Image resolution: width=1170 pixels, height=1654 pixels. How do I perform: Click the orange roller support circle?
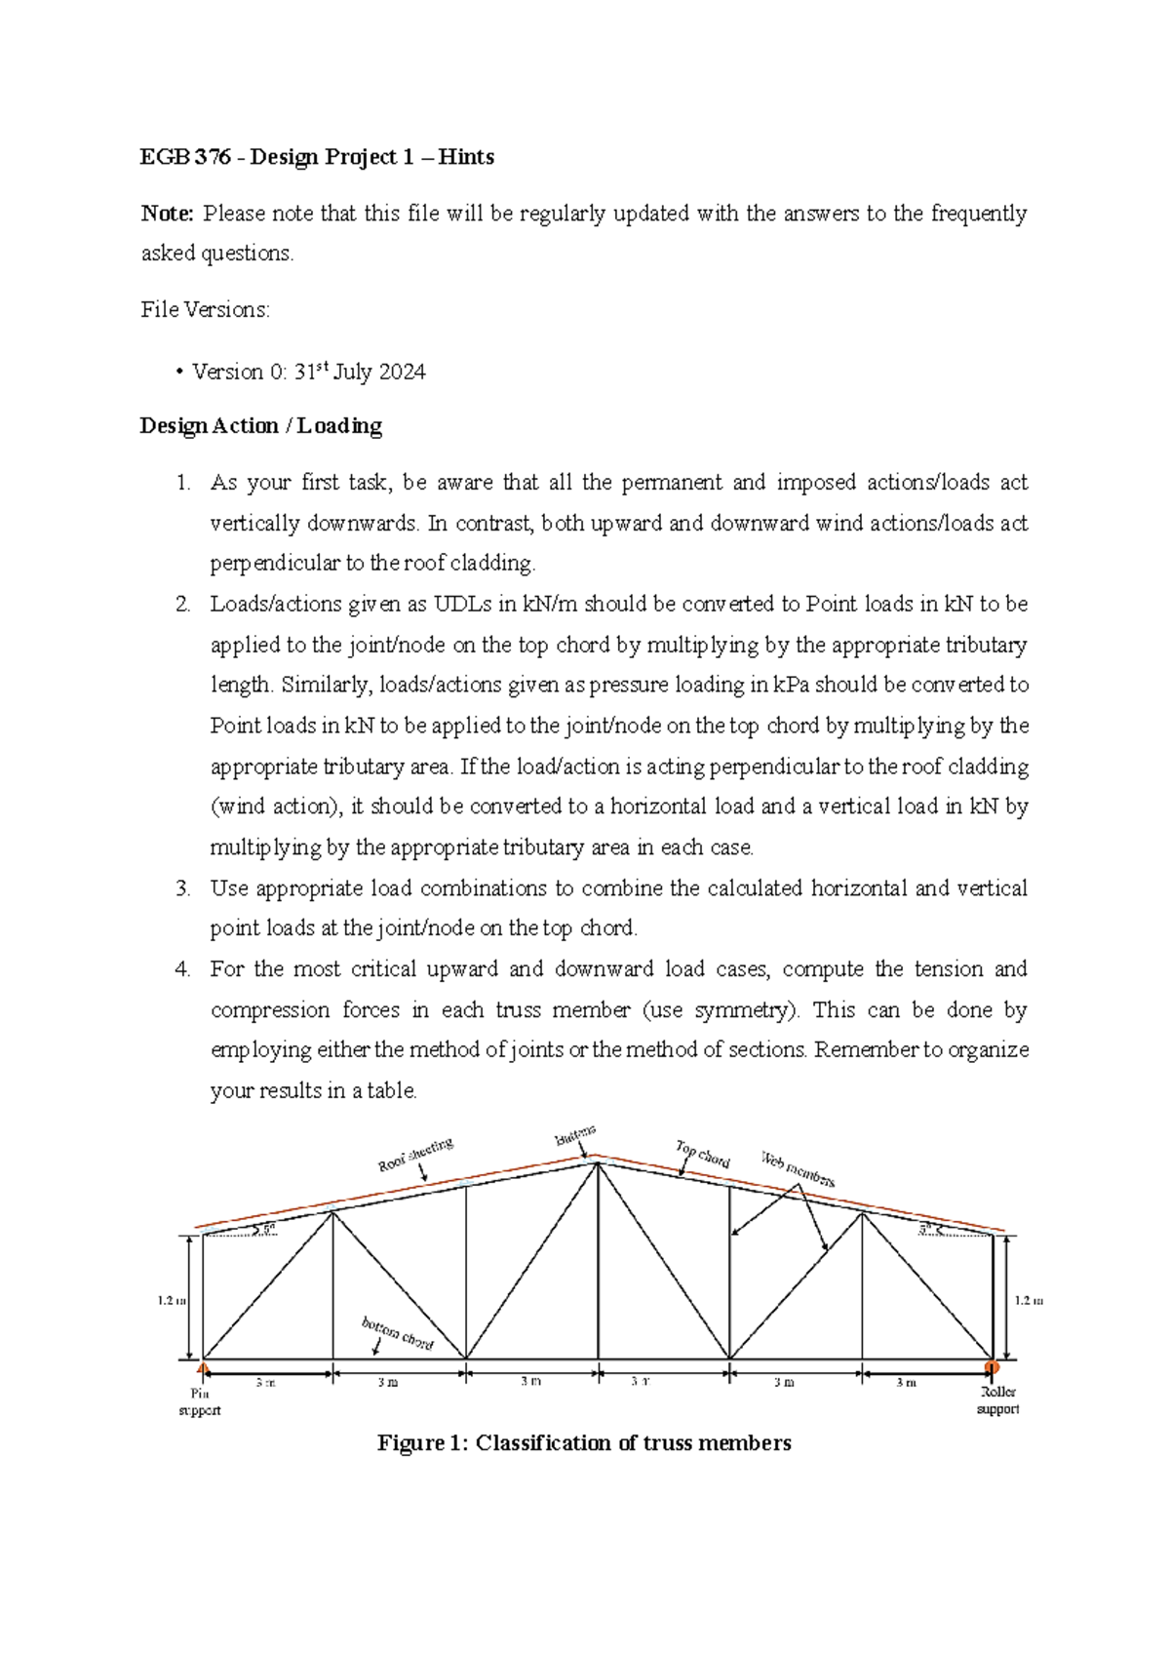pos(993,1367)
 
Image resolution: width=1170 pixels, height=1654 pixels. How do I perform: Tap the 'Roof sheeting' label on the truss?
pos(415,1154)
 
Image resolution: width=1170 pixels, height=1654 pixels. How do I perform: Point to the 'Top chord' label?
pos(702,1154)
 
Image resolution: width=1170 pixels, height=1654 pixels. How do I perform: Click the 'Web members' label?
pos(797,1168)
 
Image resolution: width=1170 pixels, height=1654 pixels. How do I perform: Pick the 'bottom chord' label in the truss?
pos(397,1333)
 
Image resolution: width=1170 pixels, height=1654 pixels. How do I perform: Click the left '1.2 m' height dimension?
pos(172,1300)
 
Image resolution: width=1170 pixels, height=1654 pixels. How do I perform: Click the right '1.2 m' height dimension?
pos(1029,1300)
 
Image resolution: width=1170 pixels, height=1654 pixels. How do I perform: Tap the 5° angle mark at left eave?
pos(265,1229)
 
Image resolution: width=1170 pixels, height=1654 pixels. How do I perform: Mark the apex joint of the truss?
pos(597,1161)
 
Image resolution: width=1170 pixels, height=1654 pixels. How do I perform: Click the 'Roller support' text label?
pos(997,1400)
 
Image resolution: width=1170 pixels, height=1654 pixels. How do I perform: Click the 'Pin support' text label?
pos(200,1401)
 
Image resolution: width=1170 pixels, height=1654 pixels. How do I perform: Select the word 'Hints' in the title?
pos(466,157)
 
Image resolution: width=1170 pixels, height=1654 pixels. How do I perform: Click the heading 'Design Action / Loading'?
pos(260,425)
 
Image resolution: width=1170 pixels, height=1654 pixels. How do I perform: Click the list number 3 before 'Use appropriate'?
pos(182,888)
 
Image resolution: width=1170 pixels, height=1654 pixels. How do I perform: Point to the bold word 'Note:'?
pos(168,214)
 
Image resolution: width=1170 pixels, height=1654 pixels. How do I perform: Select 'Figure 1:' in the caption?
pos(423,1442)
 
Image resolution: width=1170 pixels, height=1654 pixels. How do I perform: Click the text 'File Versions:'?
pos(205,309)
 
